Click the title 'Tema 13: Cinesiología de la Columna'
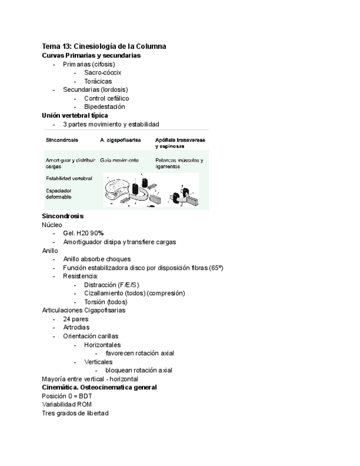104,46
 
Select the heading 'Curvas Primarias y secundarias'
91,56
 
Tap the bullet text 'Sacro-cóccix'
103,73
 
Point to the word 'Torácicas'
98,81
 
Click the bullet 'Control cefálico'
107,98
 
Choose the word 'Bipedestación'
104,107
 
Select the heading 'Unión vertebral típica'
75,115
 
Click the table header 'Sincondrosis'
62,141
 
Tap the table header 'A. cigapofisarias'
120,141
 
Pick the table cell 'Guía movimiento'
119,160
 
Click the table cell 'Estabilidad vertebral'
69,178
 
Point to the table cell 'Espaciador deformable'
59,194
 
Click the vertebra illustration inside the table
151,190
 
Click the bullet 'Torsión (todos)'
106,302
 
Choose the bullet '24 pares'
76,319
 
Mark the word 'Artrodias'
76,328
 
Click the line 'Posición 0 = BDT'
67,396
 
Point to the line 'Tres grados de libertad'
75,413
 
